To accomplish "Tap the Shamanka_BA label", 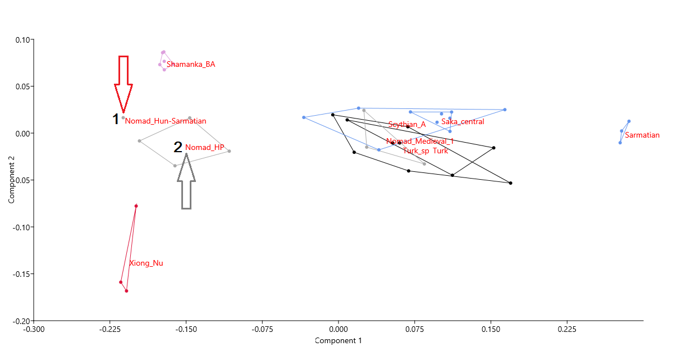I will tap(191, 65).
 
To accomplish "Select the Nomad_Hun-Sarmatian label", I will tap(166, 121).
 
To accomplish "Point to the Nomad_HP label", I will tap(205, 148).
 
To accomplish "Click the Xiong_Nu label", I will tap(146, 263).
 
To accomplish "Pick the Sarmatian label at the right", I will tap(642, 135).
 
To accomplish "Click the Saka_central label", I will tap(463, 122).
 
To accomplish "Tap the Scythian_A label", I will tap(407, 125).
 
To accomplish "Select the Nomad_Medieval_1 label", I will tap(420, 142).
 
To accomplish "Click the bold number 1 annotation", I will tap(116, 119).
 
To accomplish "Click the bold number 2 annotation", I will tap(178, 147).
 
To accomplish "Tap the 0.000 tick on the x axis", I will tap(339, 330).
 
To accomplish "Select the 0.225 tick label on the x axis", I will tap(566, 330).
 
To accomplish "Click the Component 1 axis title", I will tap(338, 341).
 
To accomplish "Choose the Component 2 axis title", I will tap(12, 180).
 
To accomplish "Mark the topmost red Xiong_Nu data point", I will tap(136, 206).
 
